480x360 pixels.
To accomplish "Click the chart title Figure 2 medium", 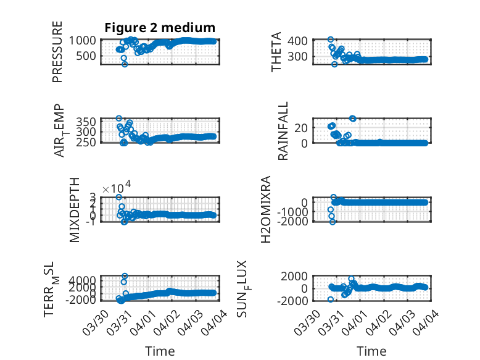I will (159, 27).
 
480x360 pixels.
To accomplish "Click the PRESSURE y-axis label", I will (57, 52).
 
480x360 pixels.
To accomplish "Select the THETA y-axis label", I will (277, 52).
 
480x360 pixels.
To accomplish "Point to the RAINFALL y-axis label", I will (283, 131).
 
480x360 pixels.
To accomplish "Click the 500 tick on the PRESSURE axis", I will (87, 56).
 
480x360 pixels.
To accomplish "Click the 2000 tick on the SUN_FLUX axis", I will (304, 276).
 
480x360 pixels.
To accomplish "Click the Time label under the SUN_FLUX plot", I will (371, 351).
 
